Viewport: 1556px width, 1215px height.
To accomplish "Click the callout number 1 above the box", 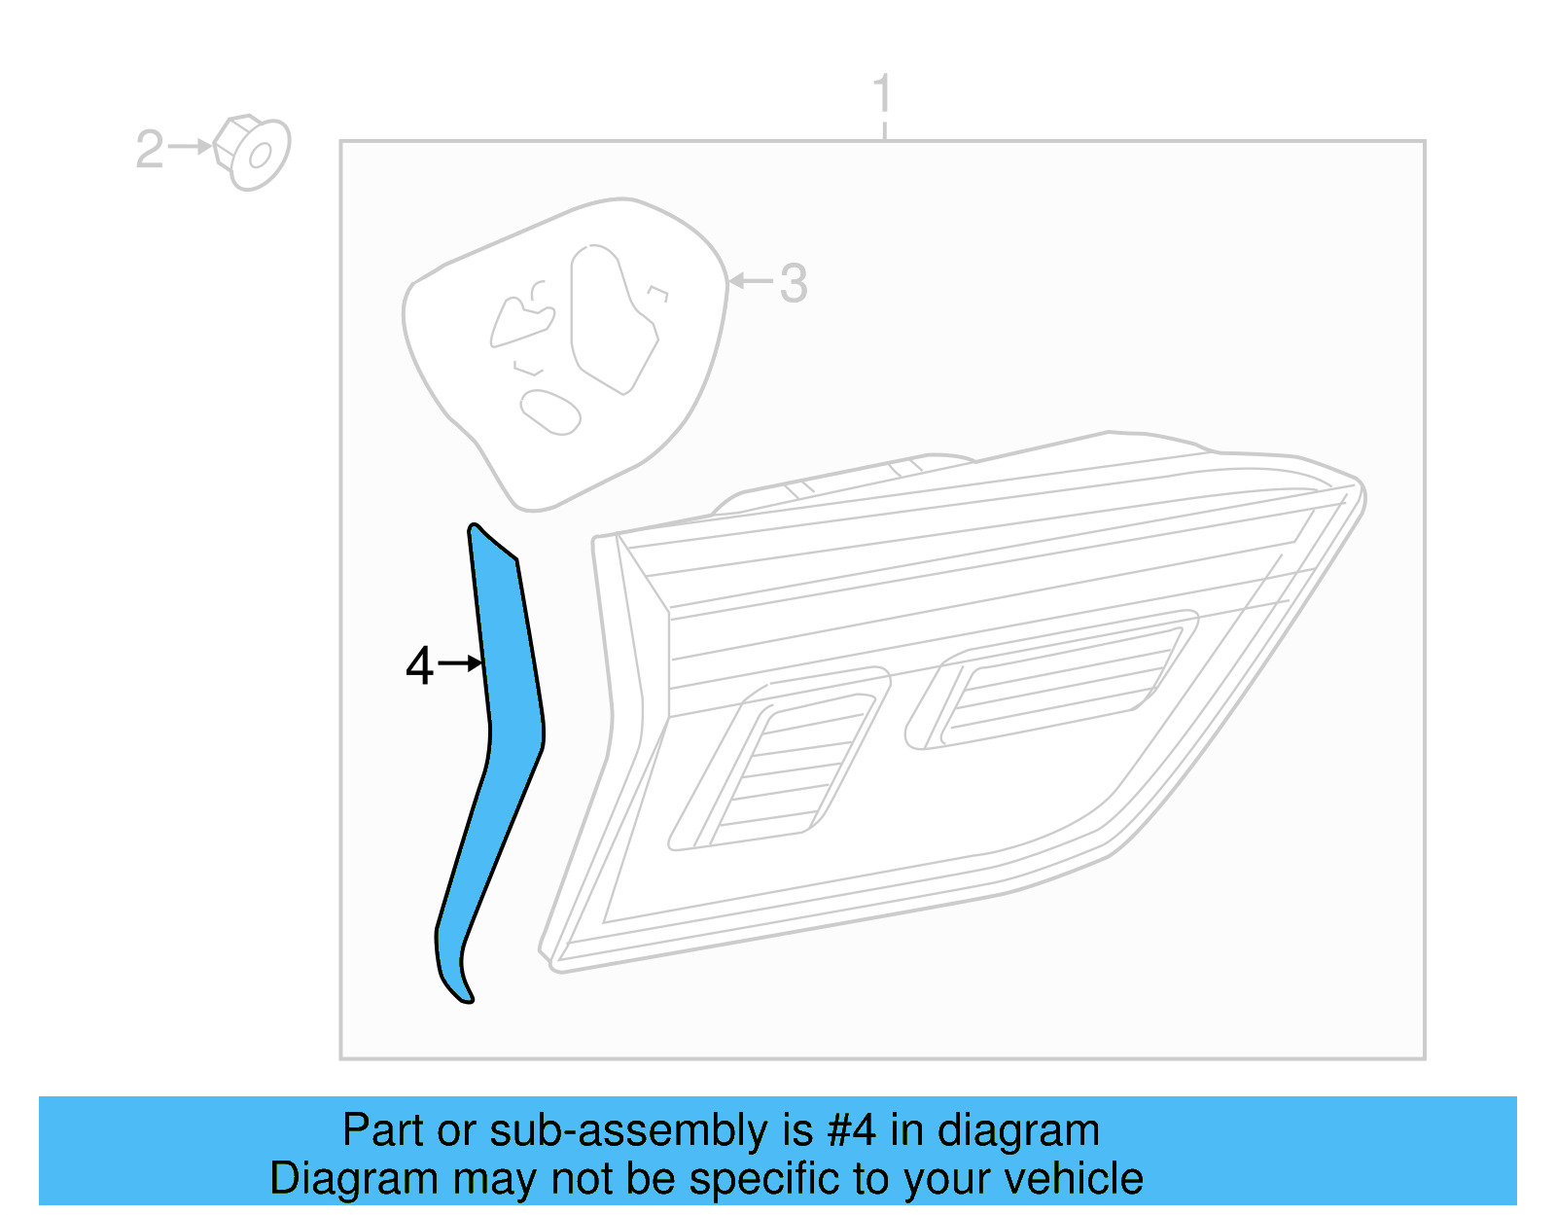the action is tap(882, 94).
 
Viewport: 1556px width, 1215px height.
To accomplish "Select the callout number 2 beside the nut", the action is tap(150, 150).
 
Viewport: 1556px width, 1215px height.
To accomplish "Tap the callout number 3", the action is tap(794, 284).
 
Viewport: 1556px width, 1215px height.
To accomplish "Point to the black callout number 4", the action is tap(419, 666).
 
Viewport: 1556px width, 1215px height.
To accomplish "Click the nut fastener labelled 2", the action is tap(252, 153).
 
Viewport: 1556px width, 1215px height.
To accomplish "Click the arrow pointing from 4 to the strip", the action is tap(460, 663).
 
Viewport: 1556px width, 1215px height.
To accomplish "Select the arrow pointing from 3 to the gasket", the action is tap(750, 281).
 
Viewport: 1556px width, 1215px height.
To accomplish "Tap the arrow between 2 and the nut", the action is tap(190, 147).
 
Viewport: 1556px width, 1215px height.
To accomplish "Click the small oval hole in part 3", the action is tap(550, 411).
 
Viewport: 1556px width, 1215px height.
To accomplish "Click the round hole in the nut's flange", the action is tap(260, 156).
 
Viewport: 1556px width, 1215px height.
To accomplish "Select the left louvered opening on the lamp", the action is tap(778, 764).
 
